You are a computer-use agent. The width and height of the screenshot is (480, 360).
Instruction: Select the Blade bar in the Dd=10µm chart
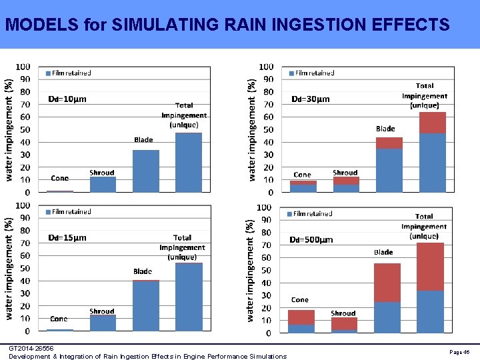point(145,171)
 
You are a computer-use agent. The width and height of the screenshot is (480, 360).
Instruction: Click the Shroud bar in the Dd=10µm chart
point(103,184)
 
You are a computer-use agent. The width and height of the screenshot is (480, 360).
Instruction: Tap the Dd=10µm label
point(67,99)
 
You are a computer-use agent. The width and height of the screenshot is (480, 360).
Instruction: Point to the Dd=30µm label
point(310,99)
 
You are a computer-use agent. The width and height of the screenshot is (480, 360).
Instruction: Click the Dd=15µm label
point(67,237)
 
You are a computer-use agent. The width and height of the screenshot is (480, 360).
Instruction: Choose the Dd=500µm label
point(311,239)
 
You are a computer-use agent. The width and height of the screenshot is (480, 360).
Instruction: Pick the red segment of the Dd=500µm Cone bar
point(301,317)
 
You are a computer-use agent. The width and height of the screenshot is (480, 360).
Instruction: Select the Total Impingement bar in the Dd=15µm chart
point(189,297)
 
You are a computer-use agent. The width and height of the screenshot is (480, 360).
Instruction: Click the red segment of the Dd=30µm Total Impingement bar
point(433,123)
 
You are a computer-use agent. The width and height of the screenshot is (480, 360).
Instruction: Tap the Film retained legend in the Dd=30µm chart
point(311,73)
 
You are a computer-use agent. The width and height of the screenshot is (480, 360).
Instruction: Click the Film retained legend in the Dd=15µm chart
point(68,211)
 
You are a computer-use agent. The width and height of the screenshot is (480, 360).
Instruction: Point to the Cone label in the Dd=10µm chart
point(59,178)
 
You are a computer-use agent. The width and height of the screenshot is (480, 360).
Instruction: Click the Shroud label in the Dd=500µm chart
point(343,313)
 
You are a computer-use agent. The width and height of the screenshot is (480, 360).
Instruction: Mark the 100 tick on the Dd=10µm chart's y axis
point(23,67)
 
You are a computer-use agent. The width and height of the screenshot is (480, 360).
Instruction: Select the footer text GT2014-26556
point(31,348)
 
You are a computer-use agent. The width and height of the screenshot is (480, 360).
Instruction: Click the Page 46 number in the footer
point(459,351)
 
